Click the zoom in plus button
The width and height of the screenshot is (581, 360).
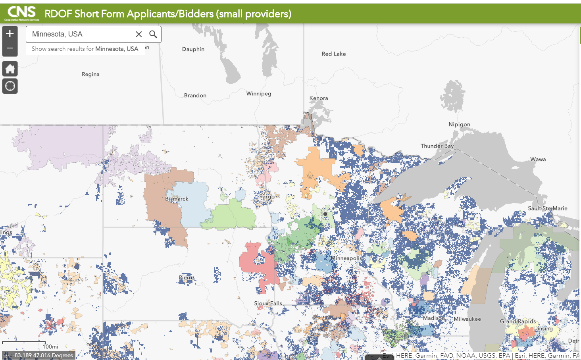[10, 33]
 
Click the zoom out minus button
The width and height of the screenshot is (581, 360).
[10, 48]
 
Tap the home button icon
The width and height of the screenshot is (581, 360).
[10, 69]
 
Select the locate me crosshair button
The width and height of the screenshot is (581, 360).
[10, 86]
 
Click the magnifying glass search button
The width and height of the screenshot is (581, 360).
[153, 35]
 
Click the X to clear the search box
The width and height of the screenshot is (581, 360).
[139, 35]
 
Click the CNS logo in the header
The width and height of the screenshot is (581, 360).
[22, 13]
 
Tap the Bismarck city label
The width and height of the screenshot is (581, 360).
[177, 199]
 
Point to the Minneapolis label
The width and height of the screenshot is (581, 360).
[346, 258]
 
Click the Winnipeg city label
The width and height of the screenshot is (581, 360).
[259, 94]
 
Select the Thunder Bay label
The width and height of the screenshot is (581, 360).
[437, 146]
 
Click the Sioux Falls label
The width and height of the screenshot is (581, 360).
[268, 303]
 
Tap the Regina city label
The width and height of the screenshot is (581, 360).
[90, 74]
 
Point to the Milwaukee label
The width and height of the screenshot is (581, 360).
[467, 319]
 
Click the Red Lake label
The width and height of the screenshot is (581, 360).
[334, 54]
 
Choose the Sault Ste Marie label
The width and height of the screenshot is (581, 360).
[547, 208]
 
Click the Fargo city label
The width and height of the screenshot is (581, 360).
[267, 196]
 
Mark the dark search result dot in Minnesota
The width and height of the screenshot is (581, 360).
[325, 214]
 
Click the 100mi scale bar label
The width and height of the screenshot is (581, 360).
[50, 347]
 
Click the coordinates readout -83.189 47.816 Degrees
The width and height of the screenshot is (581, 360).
[43, 355]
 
